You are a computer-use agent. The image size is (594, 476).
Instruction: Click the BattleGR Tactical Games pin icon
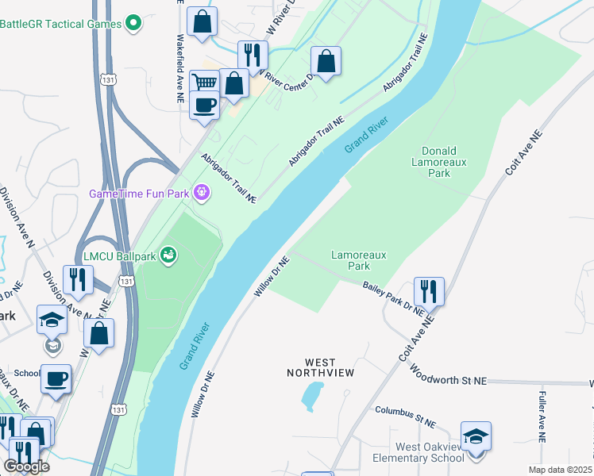(133, 24)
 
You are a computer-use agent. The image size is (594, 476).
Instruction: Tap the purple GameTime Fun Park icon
(202, 192)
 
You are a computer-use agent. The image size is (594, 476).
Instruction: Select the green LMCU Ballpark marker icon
(168, 255)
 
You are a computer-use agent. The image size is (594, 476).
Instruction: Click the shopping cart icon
(206, 82)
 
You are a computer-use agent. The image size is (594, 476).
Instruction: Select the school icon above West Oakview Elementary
(476, 436)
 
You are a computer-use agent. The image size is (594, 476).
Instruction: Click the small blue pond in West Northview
(312, 393)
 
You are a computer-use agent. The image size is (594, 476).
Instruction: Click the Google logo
(26, 466)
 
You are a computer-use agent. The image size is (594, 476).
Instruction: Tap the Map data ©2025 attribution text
(561, 470)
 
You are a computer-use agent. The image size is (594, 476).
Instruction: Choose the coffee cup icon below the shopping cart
(204, 105)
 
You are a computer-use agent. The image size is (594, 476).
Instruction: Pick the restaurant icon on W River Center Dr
(253, 55)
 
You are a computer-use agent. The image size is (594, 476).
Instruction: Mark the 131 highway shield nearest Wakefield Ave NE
(109, 79)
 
